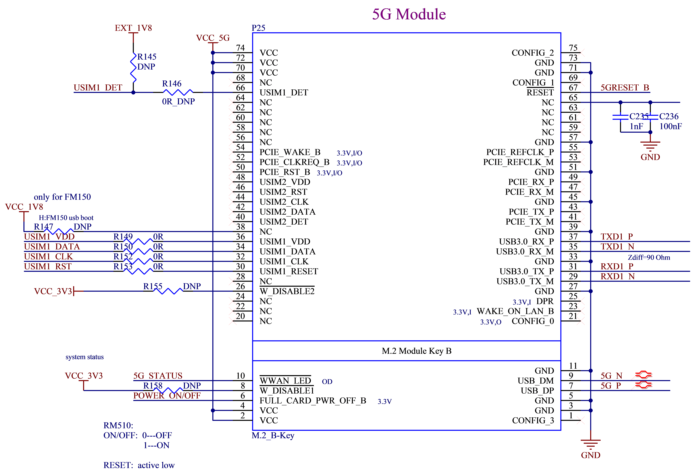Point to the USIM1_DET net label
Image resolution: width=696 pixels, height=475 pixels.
tap(98, 88)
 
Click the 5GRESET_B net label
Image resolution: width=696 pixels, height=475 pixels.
tap(625, 88)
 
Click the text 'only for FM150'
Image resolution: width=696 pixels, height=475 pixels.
tap(62, 197)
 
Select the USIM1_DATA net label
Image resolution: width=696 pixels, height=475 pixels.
tap(52, 247)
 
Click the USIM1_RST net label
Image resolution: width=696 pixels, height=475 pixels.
tap(48, 266)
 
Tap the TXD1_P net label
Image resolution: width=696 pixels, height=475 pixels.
tap(617, 236)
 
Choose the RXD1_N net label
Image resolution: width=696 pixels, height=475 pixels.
tap(618, 276)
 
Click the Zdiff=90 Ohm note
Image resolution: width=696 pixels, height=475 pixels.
tap(649, 257)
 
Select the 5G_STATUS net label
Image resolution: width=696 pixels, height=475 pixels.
tap(158, 376)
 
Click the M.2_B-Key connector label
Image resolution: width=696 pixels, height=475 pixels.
tap(273, 435)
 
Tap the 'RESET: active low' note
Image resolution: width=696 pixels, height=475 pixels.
tap(139, 465)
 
